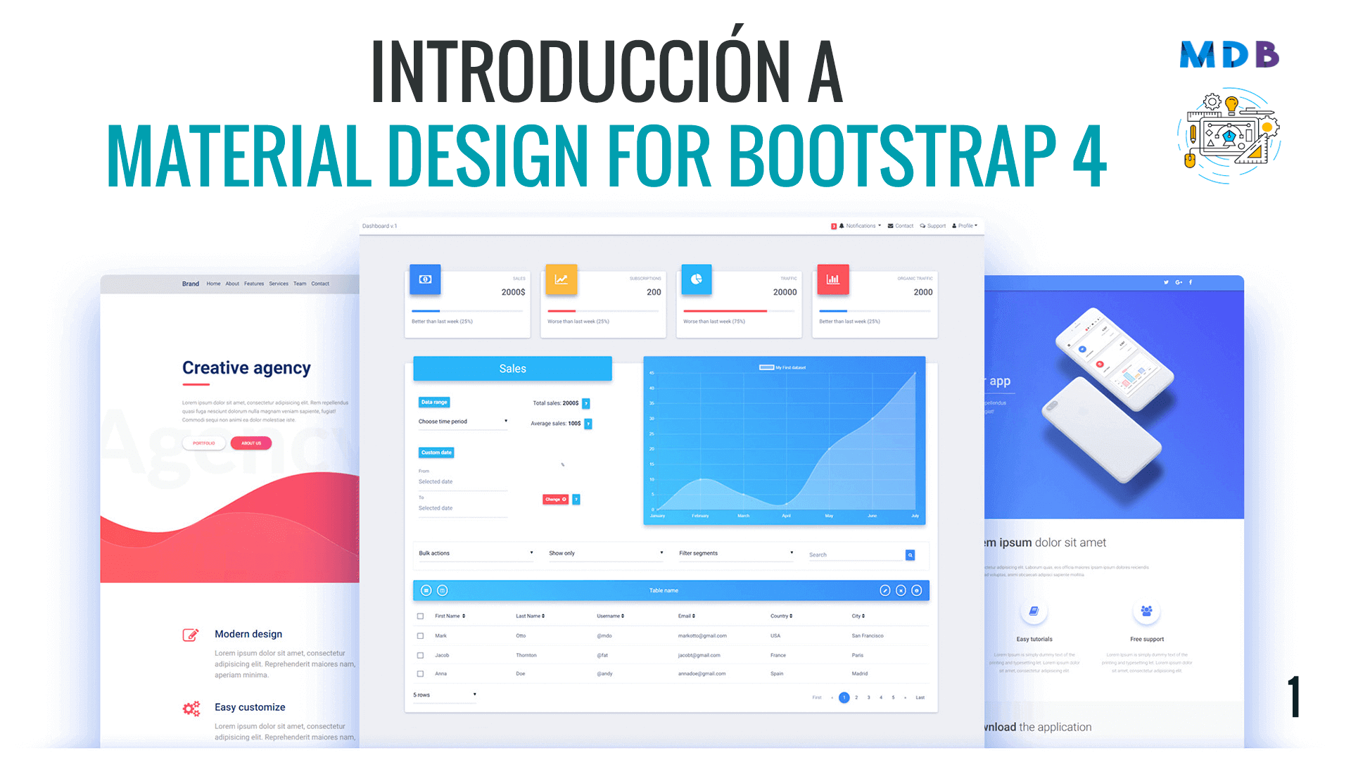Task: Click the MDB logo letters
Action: (1229, 55)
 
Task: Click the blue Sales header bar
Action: (512, 369)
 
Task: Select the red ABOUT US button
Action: (251, 443)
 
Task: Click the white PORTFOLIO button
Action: (204, 443)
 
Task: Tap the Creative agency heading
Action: (246, 368)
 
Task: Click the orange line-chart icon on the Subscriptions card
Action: (561, 279)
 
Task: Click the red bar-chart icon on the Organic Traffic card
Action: (832, 279)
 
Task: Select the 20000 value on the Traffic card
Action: (785, 292)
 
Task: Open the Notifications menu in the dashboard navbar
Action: (860, 226)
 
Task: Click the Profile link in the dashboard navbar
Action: (965, 226)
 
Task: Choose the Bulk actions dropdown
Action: (476, 553)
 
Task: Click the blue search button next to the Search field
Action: (910, 555)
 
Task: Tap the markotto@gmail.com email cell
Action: (702, 635)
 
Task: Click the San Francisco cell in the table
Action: (868, 635)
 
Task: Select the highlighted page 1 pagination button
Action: (844, 697)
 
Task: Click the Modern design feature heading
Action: (248, 634)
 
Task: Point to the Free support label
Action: (1147, 639)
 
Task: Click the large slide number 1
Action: (1293, 697)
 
